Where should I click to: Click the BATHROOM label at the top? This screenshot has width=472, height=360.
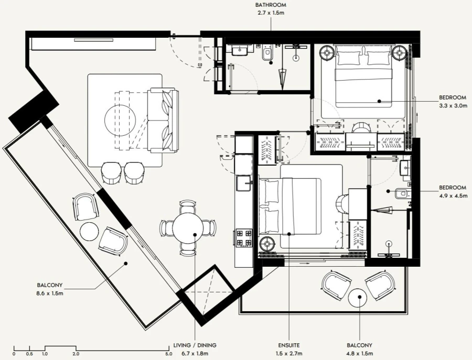click(270, 5)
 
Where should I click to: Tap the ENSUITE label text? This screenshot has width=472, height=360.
click(289, 345)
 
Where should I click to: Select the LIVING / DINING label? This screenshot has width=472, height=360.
click(195, 345)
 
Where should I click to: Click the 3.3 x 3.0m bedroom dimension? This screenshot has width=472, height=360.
click(453, 105)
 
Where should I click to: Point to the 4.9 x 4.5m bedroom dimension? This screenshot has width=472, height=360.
click(453, 195)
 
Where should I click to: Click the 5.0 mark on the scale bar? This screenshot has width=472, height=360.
click(169, 354)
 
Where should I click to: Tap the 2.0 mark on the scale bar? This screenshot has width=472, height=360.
click(77, 354)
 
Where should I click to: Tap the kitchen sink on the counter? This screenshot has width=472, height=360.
click(243, 183)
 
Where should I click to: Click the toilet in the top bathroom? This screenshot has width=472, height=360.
click(266, 53)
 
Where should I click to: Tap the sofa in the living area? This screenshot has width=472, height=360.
click(163, 120)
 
